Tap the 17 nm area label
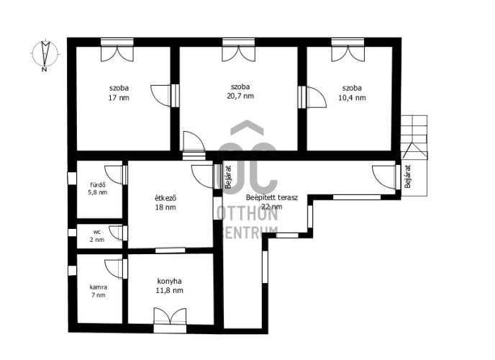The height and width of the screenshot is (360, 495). [x=119, y=98]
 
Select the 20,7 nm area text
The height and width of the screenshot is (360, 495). [x=240, y=96]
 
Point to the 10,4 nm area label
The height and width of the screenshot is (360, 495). [x=352, y=98]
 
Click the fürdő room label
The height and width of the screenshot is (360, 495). [x=98, y=185]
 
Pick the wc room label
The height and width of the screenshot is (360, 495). [x=97, y=232]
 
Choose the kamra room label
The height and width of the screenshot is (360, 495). [x=98, y=287]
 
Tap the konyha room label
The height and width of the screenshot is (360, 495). [x=169, y=281]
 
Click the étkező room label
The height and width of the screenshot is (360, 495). [x=165, y=198]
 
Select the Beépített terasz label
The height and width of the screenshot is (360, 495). [x=272, y=198]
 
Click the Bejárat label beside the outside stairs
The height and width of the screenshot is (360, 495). [x=408, y=176]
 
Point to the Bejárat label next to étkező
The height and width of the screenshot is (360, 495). [x=228, y=177]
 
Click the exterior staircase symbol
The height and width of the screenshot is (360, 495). [x=414, y=156]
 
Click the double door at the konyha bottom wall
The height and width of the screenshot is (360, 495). [x=170, y=320]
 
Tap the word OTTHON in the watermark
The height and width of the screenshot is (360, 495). [x=247, y=214]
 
